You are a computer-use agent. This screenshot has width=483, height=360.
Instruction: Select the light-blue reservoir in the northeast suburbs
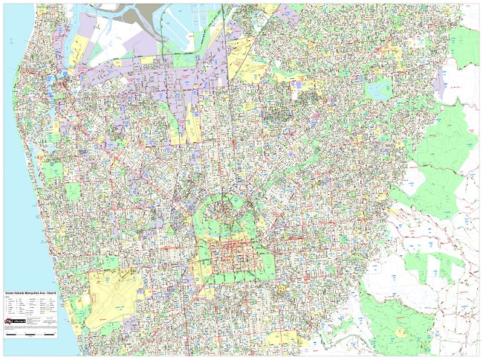tap(379, 90)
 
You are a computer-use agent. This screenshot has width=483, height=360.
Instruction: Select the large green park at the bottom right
tap(401, 327)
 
